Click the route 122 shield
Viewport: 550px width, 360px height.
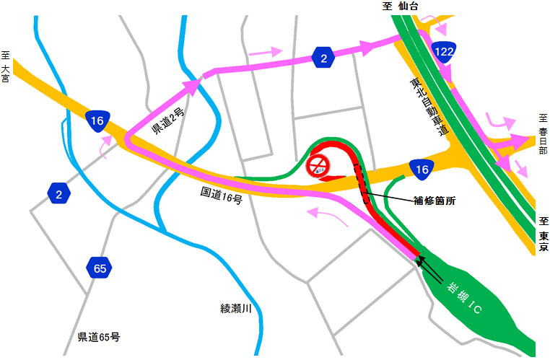point(443,50)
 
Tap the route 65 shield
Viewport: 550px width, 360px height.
point(99,268)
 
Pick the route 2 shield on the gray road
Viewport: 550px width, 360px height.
point(59,193)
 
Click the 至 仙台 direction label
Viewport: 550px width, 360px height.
point(403,6)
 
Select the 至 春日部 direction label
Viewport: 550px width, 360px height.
point(543,134)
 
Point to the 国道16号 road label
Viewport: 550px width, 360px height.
point(222,196)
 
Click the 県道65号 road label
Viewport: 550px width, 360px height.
point(99,337)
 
